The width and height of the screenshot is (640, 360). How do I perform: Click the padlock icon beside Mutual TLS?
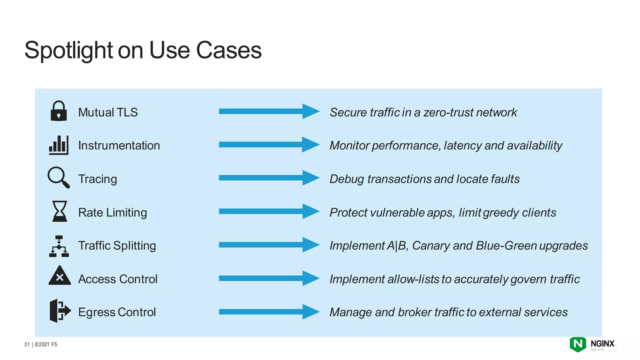click(x=58, y=111)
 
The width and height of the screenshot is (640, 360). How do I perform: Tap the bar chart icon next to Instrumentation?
click(x=58, y=145)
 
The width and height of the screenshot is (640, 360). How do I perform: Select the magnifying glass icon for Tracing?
click(x=58, y=177)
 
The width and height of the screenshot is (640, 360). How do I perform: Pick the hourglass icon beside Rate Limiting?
click(x=59, y=211)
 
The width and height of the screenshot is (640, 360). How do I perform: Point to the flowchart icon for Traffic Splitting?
click(x=59, y=246)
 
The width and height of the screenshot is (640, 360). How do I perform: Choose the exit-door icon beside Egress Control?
click(x=60, y=311)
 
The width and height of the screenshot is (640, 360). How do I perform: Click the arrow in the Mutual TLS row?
click(x=269, y=111)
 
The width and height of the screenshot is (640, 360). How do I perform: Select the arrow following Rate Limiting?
click(x=269, y=212)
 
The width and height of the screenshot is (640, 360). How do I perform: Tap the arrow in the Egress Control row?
click(x=269, y=312)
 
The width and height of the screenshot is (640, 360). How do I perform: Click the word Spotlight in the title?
click(x=68, y=50)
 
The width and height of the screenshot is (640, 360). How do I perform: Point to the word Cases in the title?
click(x=229, y=50)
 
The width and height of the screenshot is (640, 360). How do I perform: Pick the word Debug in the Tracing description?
click(x=347, y=179)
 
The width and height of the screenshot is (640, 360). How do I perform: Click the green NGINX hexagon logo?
click(x=578, y=344)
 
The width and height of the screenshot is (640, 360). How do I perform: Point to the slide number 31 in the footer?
click(x=27, y=344)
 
